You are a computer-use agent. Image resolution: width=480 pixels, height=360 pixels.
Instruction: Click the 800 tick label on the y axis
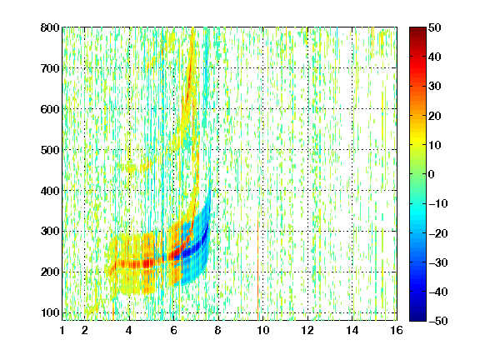[50, 27]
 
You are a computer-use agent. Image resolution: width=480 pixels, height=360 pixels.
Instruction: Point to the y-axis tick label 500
[50, 150]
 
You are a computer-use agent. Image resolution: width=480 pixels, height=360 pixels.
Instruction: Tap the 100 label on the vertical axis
[50, 312]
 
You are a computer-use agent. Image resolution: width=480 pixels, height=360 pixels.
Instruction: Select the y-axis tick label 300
[50, 232]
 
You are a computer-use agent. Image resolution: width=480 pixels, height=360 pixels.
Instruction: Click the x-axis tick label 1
[62, 331]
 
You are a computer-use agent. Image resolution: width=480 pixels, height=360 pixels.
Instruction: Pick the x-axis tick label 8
[218, 331]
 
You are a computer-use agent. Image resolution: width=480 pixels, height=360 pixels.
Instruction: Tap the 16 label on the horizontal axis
[396, 331]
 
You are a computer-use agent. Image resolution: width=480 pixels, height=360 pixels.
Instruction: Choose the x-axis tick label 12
[307, 331]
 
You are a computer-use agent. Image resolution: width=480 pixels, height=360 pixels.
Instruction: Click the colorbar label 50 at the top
[434, 27]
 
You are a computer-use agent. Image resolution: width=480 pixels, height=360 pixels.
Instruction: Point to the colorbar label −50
[437, 321]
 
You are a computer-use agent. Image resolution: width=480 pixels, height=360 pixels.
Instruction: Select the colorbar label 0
[432, 174]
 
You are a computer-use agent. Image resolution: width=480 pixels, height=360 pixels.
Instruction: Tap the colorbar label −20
[437, 233]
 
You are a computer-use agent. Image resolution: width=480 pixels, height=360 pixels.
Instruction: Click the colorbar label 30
[434, 87]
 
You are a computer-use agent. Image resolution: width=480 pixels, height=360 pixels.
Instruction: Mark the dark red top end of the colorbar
[417, 29]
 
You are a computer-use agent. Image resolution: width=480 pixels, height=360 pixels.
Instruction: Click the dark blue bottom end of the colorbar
[417, 318]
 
